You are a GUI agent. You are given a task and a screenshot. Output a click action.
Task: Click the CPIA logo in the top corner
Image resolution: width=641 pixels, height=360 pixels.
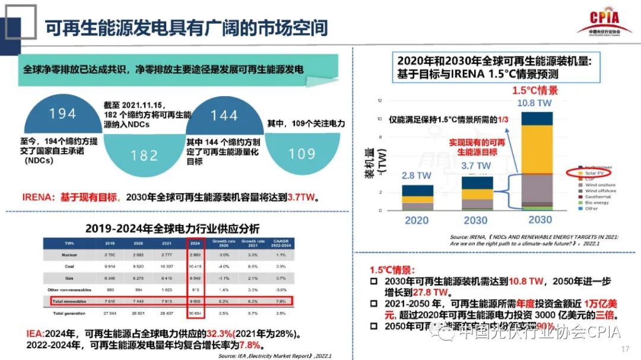pyautogui.click(x=604, y=23)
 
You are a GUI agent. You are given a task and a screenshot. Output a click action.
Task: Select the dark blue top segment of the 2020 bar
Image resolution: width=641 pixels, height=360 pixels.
pyautogui.click(x=417, y=190)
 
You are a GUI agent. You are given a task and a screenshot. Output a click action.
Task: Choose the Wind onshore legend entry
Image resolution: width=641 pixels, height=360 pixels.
pyautogui.click(x=600, y=185)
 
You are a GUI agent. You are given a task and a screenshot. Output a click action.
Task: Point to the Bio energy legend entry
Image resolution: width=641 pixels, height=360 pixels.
pyautogui.click(x=598, y=203)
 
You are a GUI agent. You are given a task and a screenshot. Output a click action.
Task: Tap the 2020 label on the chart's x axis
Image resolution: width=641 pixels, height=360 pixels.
pyautogui.click(x=417, y=220)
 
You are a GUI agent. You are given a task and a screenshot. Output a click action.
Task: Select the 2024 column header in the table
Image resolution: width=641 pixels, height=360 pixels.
pyautogui.click(x=196, y=243)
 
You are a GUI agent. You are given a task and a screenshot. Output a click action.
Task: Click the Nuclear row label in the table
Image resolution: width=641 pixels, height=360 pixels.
pyautogui.click(x=68, y=254)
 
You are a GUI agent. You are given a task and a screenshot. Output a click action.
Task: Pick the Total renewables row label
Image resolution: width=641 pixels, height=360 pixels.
pyautogui.click(x=68, y=301)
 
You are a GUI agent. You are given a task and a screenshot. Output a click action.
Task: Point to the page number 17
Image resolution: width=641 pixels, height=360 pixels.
pyautogui.click(x=624, y=348)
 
